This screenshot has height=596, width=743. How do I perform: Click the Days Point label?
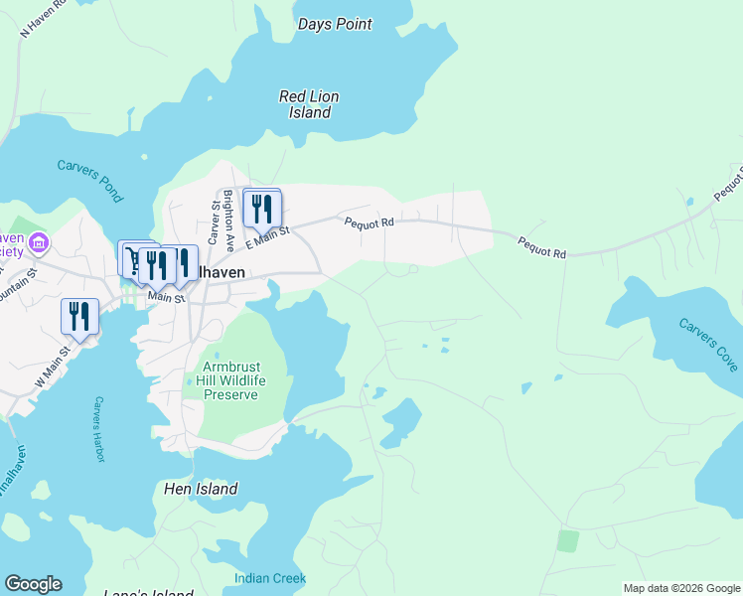point(335,24)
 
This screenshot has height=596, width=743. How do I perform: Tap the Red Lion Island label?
point(309,104)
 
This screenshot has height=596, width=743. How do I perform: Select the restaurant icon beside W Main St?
point(79,317)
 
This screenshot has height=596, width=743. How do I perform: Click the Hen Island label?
point(201,489)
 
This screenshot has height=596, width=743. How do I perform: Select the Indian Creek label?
point(270,578)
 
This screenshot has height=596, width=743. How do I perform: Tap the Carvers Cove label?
point(708,345)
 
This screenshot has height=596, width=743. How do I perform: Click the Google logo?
point(33,584)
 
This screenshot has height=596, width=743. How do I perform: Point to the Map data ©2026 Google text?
point(680,588)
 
